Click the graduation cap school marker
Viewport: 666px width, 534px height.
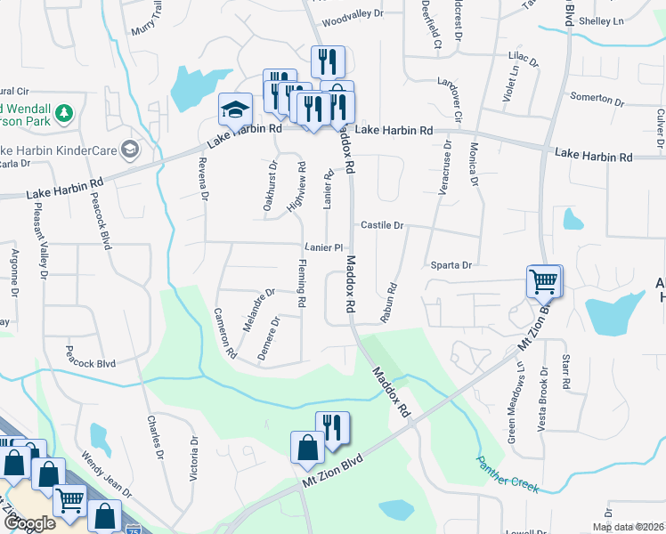pos(235,109)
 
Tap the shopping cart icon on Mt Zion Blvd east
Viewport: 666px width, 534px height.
pos(543,281)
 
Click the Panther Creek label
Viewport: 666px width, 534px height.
pos(508,475)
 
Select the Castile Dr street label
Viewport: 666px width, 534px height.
pos(382,226)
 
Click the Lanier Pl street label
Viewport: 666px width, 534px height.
pos(323,247)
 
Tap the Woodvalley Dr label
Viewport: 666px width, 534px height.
pos(353,15)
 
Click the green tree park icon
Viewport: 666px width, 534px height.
pos(63,113)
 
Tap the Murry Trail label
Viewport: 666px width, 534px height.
pos(147,18)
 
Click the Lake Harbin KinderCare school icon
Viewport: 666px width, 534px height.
pos(131,148)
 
